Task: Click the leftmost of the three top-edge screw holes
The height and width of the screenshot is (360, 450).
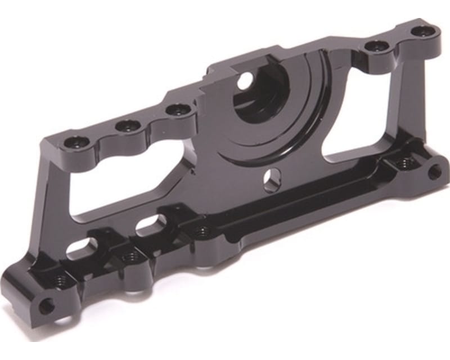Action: [74, 142]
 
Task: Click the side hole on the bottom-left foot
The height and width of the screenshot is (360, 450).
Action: [47, 307]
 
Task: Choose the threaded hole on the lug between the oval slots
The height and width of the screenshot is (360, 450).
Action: [130, 256]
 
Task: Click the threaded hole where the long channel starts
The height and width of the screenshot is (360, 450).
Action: [202, 230]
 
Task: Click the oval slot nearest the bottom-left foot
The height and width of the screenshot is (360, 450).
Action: [82, 247]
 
